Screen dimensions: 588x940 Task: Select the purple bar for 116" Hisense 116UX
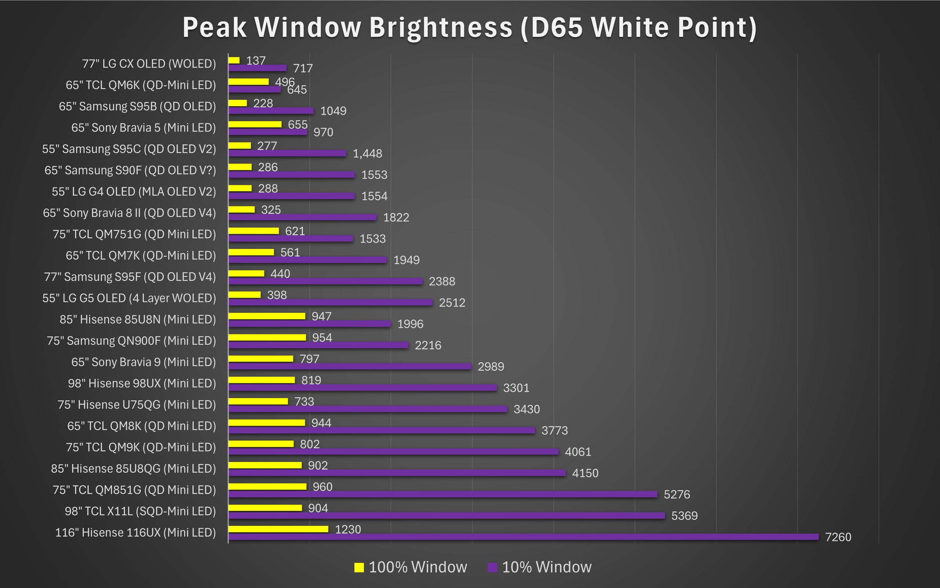click(523, 537)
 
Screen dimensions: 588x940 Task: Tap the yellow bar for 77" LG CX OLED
click(234, 60)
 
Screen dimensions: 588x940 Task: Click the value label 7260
click(838, 537)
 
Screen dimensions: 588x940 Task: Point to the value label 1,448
click(367, 154)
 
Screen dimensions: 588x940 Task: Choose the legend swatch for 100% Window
click(359, 567)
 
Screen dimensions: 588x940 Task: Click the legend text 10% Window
click(547, 567)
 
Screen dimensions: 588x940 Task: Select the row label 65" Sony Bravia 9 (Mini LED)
click(144, 362)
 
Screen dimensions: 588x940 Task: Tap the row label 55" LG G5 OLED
click(129, 298)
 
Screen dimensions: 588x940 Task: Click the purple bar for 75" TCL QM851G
click(443, 494)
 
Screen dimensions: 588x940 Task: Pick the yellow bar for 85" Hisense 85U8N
click(267, 316)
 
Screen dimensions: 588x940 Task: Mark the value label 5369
click(684, 516)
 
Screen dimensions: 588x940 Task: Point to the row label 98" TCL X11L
click(140, 511)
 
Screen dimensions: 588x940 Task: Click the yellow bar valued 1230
click(278, 529)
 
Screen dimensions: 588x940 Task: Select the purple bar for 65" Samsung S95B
click(271, 111)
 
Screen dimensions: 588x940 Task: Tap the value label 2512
click(452, 303)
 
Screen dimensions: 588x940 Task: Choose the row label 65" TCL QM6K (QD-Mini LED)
click(141, 85)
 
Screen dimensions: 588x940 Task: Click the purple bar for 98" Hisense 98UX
click(362, 388)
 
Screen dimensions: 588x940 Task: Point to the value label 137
click(256, 61)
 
